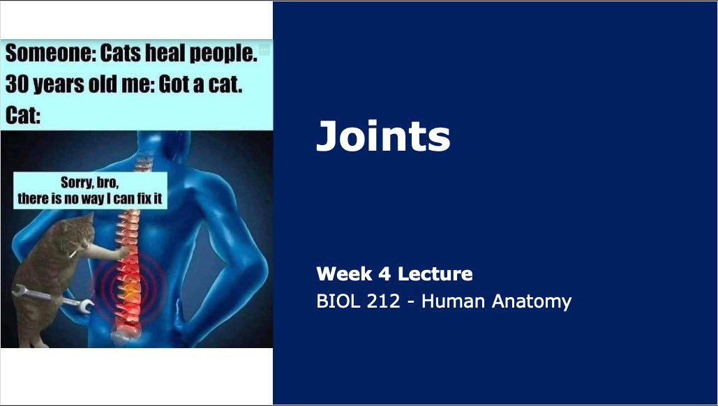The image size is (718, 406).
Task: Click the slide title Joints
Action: point(383,135)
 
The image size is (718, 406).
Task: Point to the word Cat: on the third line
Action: point(23,114)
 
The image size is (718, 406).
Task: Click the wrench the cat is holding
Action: point(57,299)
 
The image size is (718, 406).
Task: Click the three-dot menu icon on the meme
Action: point(264,50)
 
